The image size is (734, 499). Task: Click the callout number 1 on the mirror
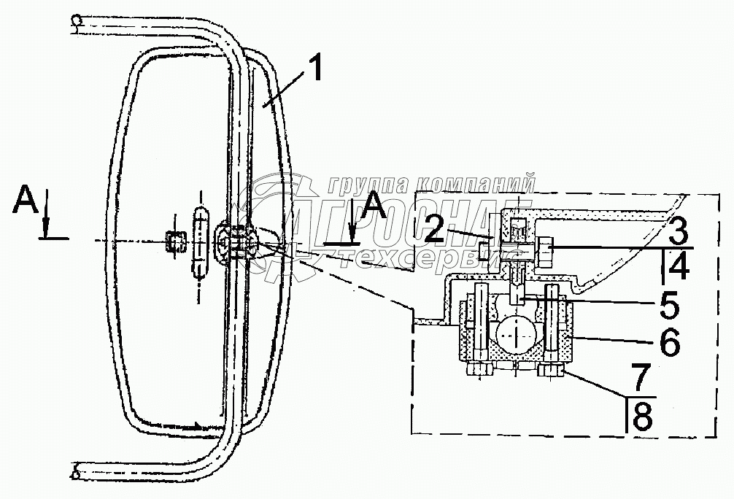pos(314,70)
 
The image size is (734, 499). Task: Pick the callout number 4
pos(678,268)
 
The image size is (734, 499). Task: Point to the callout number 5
pos(669,305)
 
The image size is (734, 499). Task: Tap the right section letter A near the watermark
pos(376,203)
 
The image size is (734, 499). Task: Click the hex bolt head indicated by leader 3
pos(544,251)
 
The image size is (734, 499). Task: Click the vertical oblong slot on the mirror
pos(200,241)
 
